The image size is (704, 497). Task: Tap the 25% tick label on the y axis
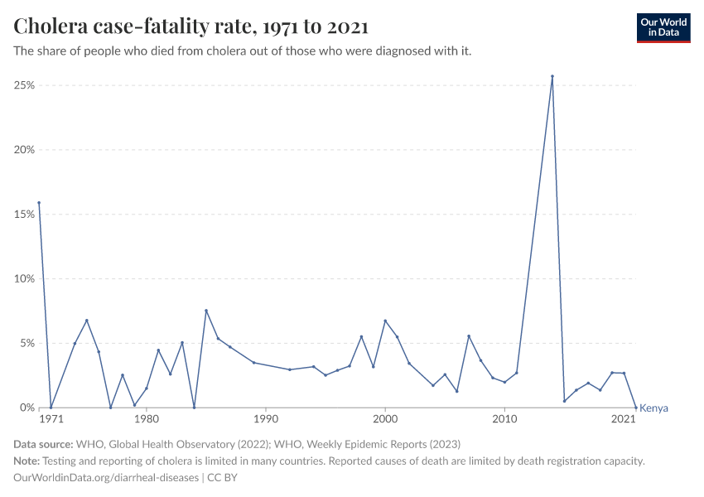(22, 85)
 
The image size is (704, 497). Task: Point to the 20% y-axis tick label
(22, 150)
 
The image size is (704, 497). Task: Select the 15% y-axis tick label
(22, 215)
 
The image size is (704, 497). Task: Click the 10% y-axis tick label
(22, 279)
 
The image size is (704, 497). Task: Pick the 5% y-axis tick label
(25, 344)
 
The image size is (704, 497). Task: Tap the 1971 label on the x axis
(51, 421)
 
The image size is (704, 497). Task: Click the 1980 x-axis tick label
(147, 421)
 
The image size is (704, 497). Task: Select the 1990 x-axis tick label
(266, 421)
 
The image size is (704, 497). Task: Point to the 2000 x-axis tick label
(385, 421)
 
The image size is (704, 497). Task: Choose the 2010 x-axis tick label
(504, 421)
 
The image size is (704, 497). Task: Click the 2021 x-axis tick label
(624, 421)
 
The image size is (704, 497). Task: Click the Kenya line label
(653, 408)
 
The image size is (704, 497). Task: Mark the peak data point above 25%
(552, 76)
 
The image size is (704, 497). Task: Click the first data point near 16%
(39, 203)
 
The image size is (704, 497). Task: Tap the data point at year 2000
(385, 321)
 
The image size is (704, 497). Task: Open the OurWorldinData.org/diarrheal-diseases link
(106, 478)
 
